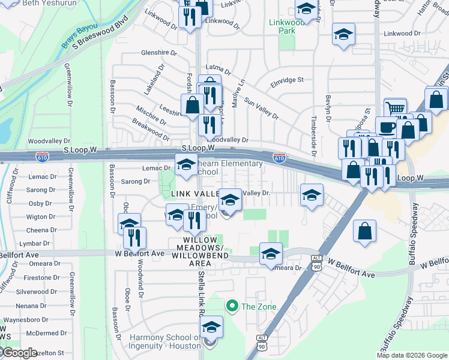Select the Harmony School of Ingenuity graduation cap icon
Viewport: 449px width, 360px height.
(x=211, y=328)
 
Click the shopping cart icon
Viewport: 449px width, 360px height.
(x=395, y=109)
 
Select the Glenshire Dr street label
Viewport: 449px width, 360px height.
(x=158, y=53)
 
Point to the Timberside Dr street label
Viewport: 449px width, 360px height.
(x=313, y=125)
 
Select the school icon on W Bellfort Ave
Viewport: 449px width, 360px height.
(x=271, y=254)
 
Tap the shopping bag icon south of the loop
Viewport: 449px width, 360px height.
(x=364, y=230)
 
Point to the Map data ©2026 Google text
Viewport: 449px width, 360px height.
(x=412, y=355)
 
